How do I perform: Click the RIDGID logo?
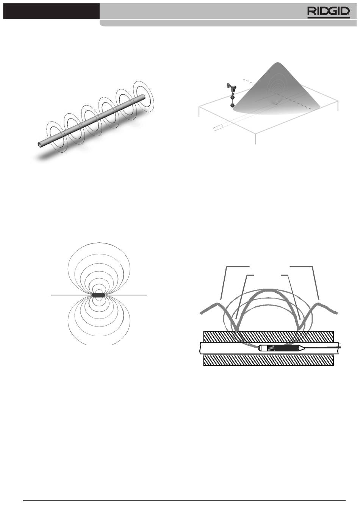329,12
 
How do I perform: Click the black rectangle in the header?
51,11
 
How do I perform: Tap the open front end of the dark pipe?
39,144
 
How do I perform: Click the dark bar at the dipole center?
99,295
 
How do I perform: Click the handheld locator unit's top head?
231,86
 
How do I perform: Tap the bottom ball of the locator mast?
233,106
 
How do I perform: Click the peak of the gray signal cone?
278,63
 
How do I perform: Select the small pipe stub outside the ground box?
218,128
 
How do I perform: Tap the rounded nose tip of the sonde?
259,348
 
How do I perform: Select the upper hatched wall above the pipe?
268,336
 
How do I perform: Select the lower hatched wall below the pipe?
268,360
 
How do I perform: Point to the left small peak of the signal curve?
216,304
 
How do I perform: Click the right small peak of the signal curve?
319,304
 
